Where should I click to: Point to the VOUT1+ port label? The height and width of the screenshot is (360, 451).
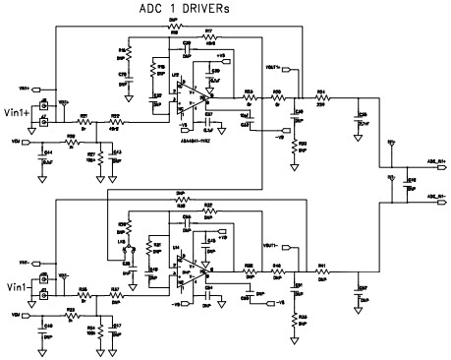click(x=272, y=68)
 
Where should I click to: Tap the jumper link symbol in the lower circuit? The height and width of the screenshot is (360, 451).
click(x=127, y=246)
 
